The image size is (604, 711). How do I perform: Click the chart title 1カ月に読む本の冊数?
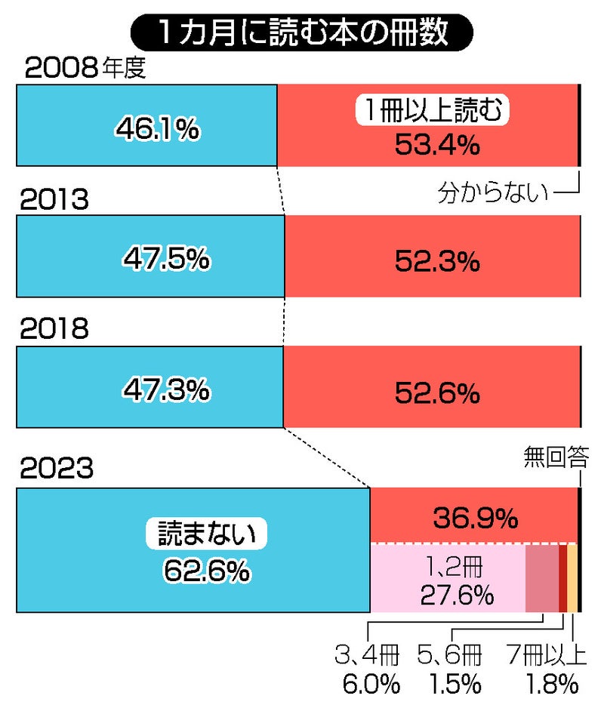[x=301, y=32]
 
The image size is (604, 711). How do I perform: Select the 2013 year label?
[x=55, y=200]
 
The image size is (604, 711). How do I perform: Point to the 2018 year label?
[x=55, y=330]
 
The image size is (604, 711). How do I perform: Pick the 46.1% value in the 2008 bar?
[x=157, y=130]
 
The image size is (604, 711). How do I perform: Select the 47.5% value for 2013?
[x=166, y=260]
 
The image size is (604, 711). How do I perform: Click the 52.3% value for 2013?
[x=437, y=261]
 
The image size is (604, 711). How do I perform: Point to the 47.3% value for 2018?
[x=165, y=389]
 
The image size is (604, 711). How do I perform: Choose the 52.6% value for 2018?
[x=437, y=392]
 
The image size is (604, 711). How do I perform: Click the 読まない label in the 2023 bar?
[x=206, y=534]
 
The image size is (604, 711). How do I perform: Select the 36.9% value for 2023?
[x=475, y=518]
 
